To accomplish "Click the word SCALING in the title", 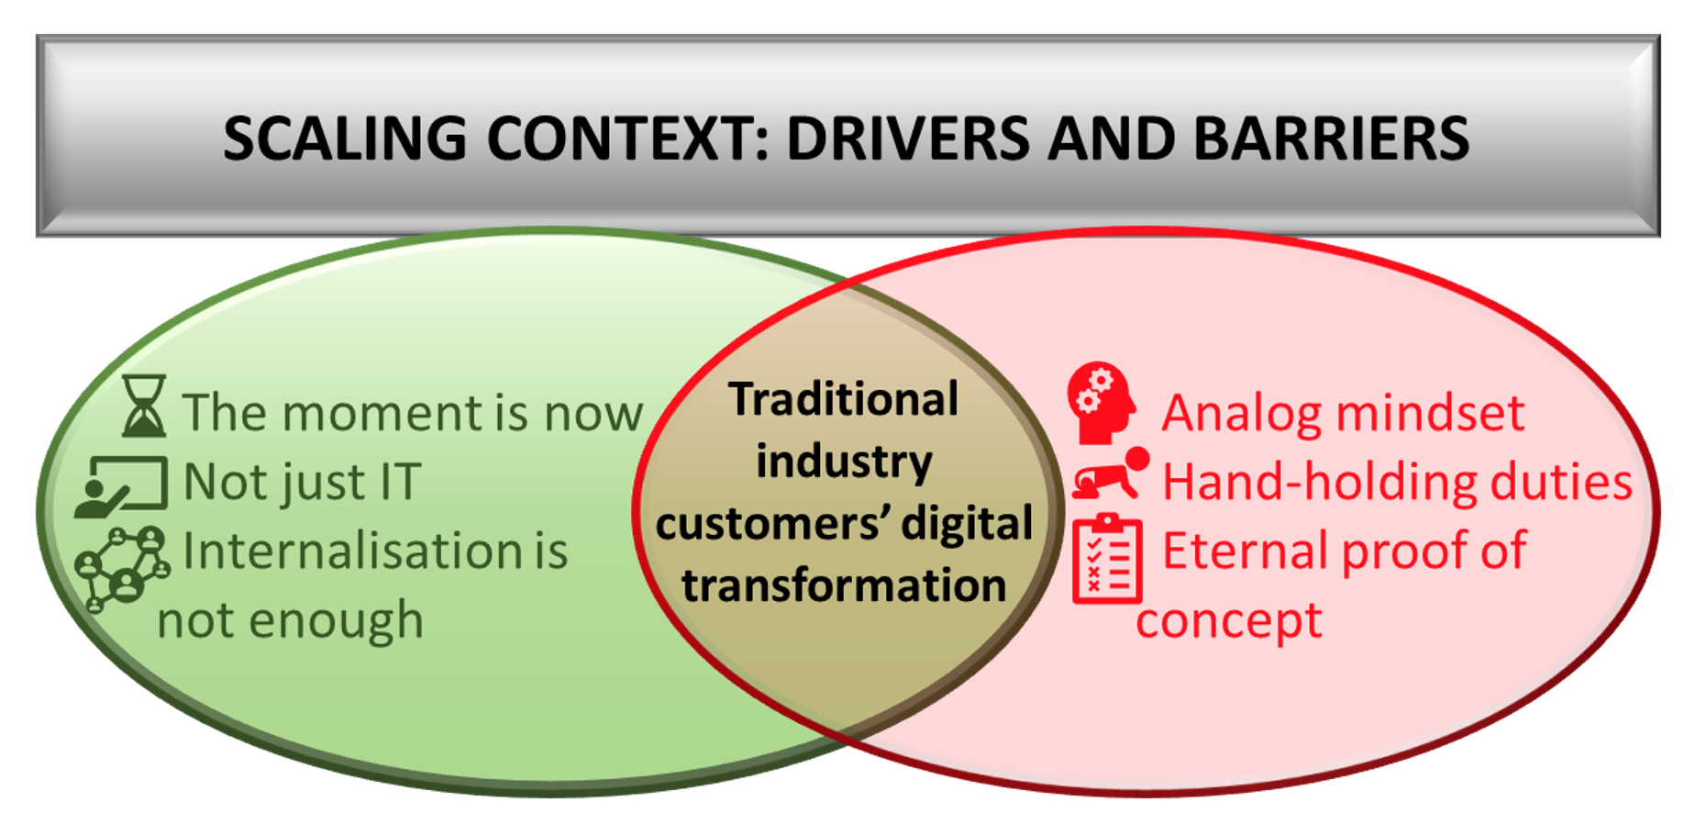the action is (345, 139).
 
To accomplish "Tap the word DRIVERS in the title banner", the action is (910, 139).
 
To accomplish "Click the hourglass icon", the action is (144, 405).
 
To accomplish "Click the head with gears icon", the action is (1102, 403).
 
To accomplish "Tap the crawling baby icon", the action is (1111, 473).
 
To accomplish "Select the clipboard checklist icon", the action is (1107, 558).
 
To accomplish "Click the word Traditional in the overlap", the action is (844, 399).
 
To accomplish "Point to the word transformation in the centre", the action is (844, 584).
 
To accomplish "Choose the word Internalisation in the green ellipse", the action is (352, 551).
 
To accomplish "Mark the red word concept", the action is (1229, 622).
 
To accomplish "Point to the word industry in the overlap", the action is (844, 461).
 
